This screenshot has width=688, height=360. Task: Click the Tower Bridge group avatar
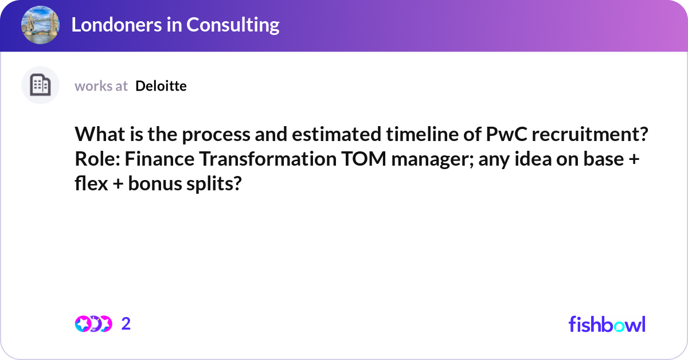(x=40, y=25)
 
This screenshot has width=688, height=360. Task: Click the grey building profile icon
(x=40, y=85)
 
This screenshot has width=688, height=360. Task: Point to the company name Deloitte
(x=161, y=86)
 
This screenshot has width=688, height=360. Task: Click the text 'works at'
(x=101, y=86)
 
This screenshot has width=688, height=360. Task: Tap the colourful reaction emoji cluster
(x=93, y=324)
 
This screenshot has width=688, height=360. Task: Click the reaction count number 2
(x=126, y=324)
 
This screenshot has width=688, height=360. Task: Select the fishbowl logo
(x=607, y=324)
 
